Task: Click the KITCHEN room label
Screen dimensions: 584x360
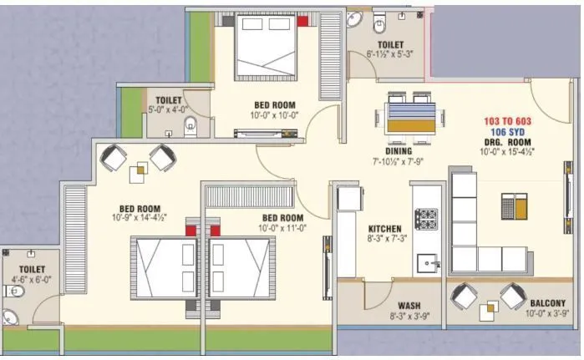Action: point(385,229)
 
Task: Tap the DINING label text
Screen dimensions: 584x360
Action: point(399,151)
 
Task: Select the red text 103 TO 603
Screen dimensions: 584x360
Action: point(507,121)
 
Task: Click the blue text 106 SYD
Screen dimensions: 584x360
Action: point(507,132)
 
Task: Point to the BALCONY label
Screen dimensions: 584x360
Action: point(547,303)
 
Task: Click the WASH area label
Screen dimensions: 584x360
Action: point(409,306)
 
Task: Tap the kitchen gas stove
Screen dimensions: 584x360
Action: point(426,219)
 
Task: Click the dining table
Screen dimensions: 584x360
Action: point(411,118)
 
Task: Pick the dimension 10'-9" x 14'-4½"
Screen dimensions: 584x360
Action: point(140,217)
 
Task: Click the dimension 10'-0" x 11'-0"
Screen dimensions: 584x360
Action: point(282,227)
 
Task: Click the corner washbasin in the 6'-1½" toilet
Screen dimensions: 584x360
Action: point(354,19)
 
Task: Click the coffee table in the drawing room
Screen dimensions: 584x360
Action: point(514,205)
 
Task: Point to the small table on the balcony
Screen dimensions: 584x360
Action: point(489,312)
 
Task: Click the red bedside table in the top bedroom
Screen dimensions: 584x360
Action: point(302,21)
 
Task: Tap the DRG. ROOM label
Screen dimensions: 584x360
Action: point(507,142)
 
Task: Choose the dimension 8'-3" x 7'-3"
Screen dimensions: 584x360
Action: point(387,238)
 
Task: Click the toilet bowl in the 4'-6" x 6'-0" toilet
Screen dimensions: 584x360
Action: point(13,292)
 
